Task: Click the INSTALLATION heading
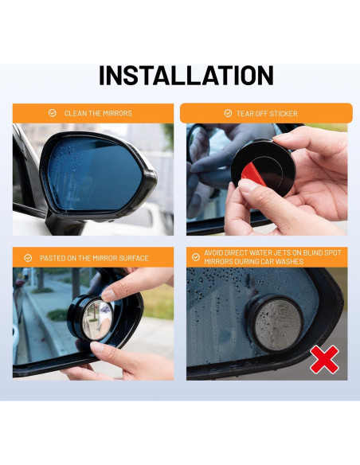(186, 75)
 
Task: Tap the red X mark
(323, 359)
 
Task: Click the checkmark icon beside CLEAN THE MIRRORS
(53, 113)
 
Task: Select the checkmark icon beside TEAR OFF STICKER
(228, 113)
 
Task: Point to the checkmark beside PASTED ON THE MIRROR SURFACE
(28, 257)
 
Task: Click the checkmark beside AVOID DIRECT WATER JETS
(196, 257)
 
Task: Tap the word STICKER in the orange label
(284, 113)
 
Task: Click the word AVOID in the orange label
(216, 252)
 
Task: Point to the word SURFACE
(132, 257)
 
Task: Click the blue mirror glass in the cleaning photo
(88, 171)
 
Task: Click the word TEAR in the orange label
(244, 113)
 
